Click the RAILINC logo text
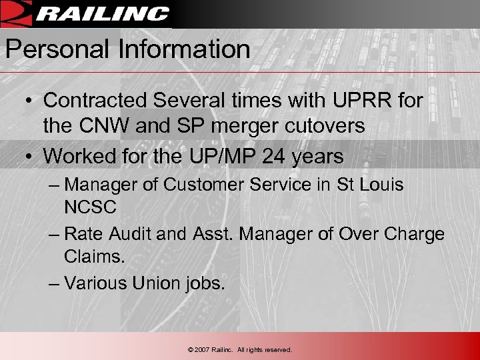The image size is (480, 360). point(103,14)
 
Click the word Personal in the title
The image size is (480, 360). point(45,49)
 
